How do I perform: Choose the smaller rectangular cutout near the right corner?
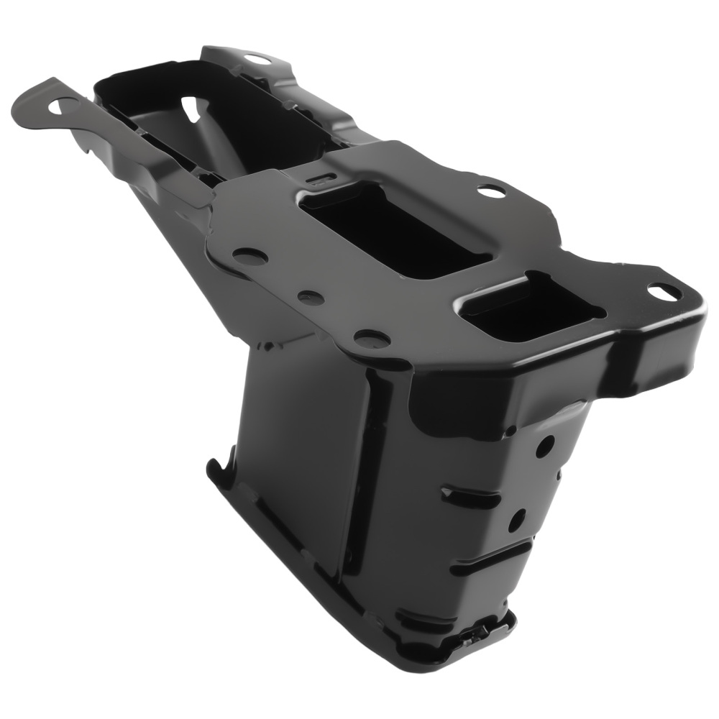(x=532, y=308)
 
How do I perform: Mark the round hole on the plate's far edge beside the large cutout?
(x=491, y=191)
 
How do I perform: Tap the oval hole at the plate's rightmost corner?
(x=664, y=291)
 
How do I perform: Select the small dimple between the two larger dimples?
(x=311, y=298)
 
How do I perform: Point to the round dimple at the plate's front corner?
(x=372, y=338)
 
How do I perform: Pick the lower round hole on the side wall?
(x=517, y=520)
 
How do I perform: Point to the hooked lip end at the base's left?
(x=214, y=466)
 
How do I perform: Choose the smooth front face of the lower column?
(x=302, y=460)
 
